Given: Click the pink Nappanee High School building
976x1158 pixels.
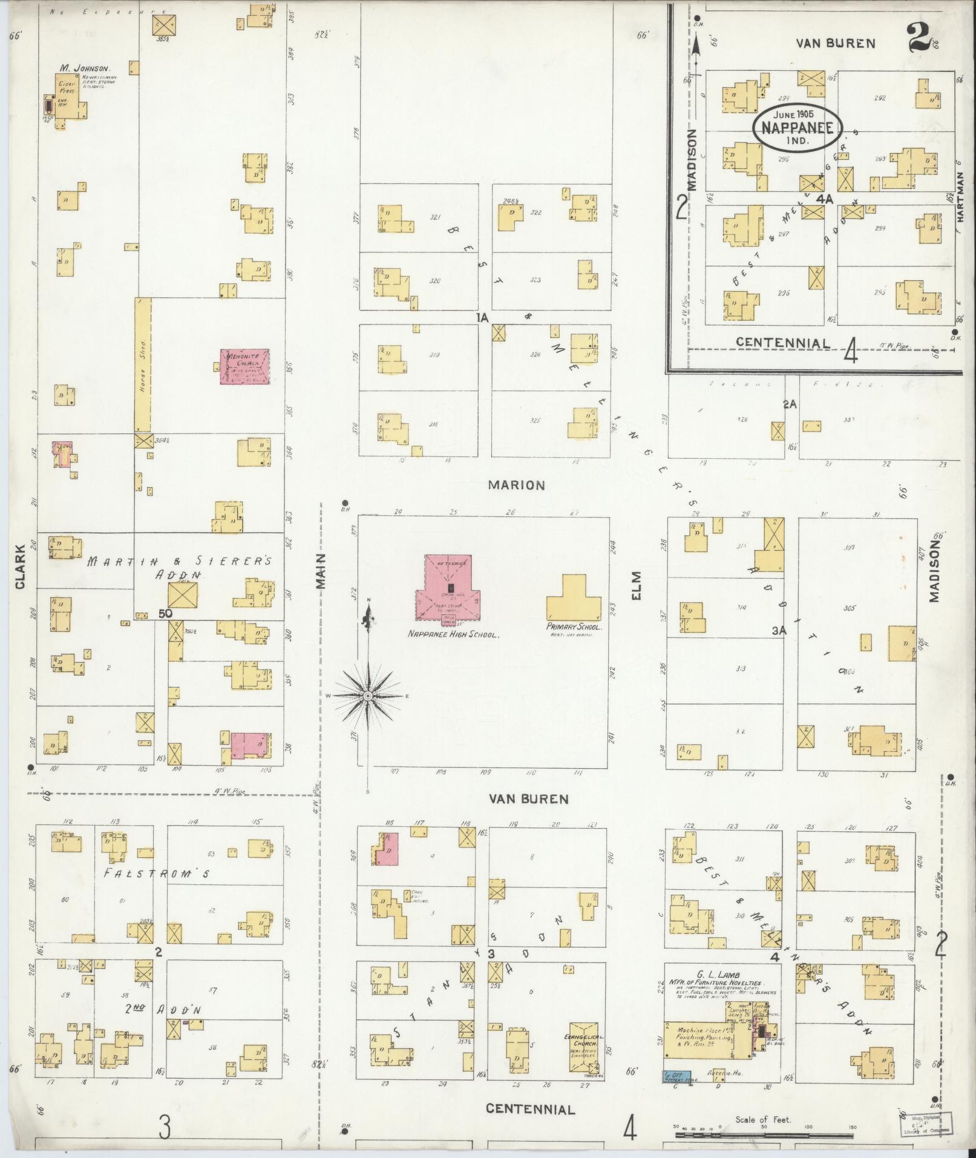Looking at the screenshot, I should (448, 587).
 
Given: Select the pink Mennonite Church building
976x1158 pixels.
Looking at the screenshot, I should (244, 366).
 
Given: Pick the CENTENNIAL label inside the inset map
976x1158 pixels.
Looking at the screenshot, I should (783, 343).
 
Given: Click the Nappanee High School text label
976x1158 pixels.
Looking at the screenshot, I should (453, 636).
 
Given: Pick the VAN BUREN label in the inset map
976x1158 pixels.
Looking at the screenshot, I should (834, 43).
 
